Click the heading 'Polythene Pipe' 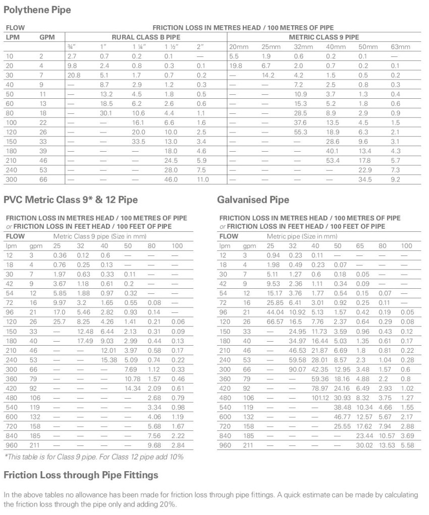pos(37,10)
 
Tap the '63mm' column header pos(400,47)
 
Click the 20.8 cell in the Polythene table pos(74,75)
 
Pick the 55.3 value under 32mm pos(300,132)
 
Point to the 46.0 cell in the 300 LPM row pos(171,179)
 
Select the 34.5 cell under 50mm pos(364,179)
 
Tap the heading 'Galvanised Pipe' pos(253,200)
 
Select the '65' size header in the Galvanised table pos(360,245)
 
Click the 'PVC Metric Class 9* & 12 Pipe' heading pos(71,200)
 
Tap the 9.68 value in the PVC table pos(153,445)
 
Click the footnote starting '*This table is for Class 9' pos(93,457)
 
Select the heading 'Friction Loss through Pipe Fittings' pos(81,475)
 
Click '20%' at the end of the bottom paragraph pos(170,504)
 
